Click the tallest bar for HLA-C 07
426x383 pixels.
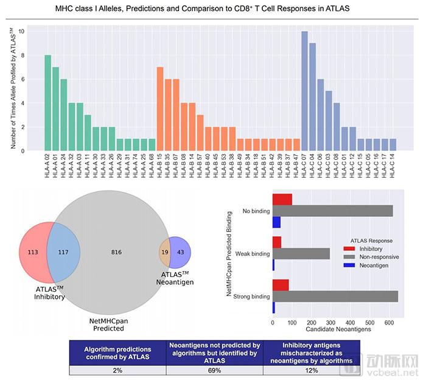pos(304,91)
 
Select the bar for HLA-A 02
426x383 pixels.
pos(47,103)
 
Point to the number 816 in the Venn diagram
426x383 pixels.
pos(116,251)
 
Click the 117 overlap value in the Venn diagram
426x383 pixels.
pos(63,251)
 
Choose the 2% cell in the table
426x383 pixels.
pos(117,370)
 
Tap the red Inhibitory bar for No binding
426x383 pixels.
pos(282,200)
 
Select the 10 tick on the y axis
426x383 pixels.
pos(21,31)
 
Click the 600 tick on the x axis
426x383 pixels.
pos(389,322)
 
